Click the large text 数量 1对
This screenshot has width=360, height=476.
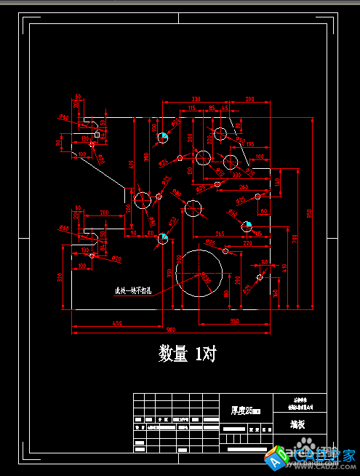[x=187, y=354]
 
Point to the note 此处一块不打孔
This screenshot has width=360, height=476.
[x=134, y=291]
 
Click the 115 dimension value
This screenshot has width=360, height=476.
[x=191, y=108]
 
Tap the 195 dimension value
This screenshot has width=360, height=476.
[x=249, y=145]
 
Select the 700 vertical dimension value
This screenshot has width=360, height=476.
[x=295, y=238]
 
